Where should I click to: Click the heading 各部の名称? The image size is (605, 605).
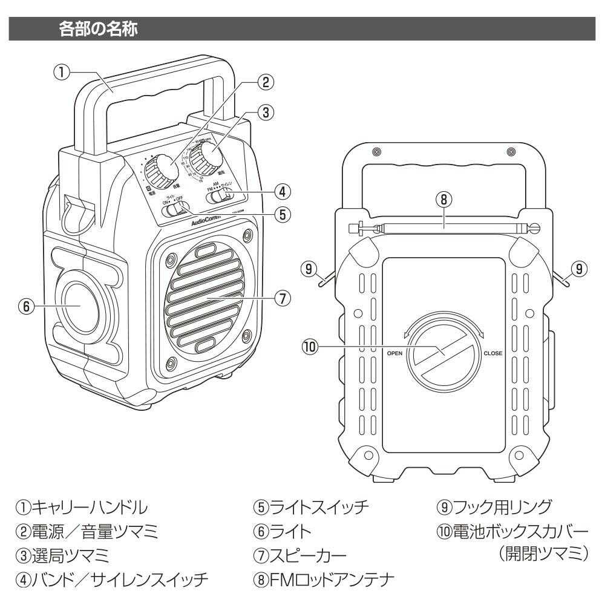(x=100, y=30)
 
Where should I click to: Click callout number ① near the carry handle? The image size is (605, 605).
(x=61, y=73)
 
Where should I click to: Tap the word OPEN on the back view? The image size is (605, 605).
(x=394, y=353)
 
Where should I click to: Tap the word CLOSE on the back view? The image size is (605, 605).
(x=492, y=353)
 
